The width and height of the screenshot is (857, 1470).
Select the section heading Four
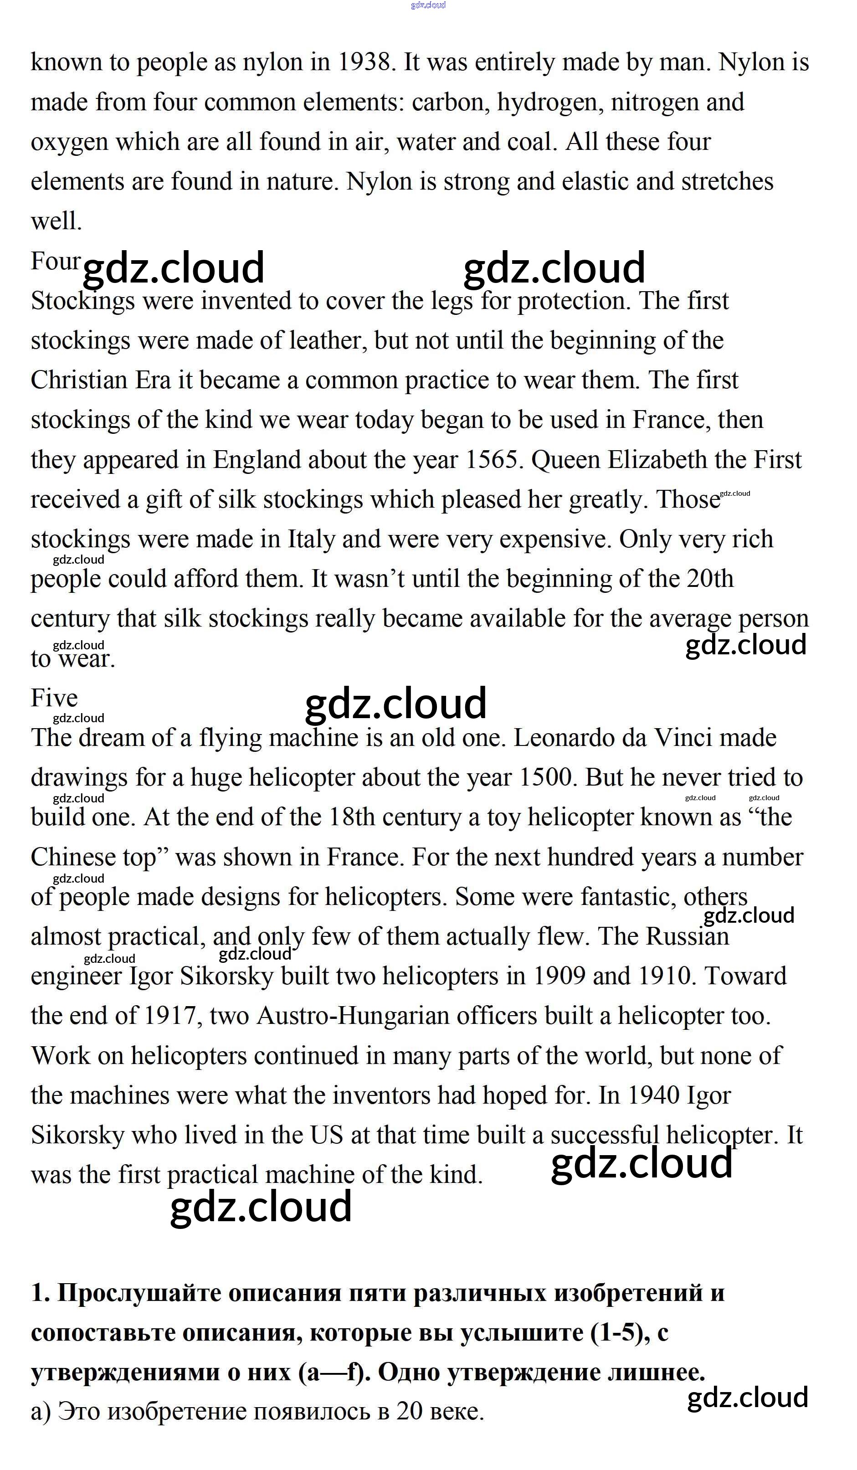(56, 261)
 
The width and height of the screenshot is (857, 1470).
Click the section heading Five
(54, 698)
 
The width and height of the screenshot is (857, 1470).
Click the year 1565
(491, 460)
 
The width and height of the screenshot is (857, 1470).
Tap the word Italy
(311, 539)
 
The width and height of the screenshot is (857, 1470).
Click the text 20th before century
(709, 579)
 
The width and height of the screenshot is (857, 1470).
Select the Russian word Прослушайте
(139, 1293)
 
